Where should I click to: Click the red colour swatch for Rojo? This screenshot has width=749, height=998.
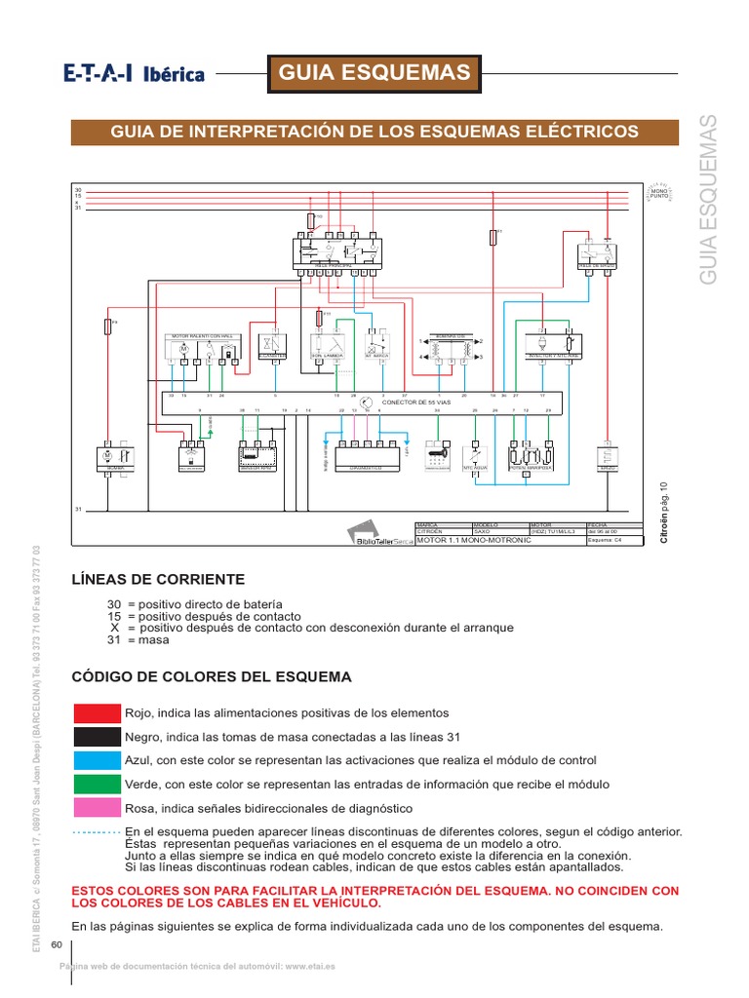click(97, 712)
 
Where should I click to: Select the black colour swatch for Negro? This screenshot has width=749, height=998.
click(97, 737)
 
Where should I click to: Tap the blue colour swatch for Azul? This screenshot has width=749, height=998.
click(97, 760)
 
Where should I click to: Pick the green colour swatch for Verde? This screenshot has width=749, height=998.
click(97, 785)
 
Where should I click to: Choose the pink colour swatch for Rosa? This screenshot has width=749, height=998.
click(97, 808)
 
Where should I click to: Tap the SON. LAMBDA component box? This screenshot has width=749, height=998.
click(327, 346)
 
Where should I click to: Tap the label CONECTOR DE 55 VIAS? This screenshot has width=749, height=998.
click(417, 403)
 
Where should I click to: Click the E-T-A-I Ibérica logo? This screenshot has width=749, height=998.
click(134, 73)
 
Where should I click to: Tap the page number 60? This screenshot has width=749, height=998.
click(56, 944)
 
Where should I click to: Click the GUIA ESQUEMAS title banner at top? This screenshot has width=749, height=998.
click(375, 72)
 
